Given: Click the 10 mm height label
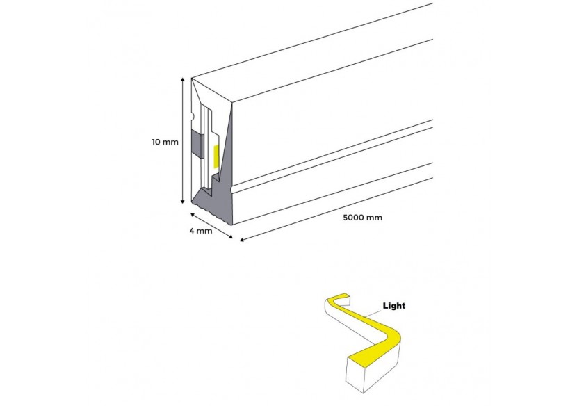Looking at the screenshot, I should [165, 143].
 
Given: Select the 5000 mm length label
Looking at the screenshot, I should [362, 217].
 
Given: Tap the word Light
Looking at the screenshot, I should [394, 305].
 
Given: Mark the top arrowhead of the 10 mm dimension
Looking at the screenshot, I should [183, 81].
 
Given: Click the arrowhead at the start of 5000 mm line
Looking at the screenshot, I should [242, 241].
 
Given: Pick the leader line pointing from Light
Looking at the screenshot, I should [373, 311].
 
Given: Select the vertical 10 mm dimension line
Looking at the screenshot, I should [183, 139].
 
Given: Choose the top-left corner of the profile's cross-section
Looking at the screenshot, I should [193, 78].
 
